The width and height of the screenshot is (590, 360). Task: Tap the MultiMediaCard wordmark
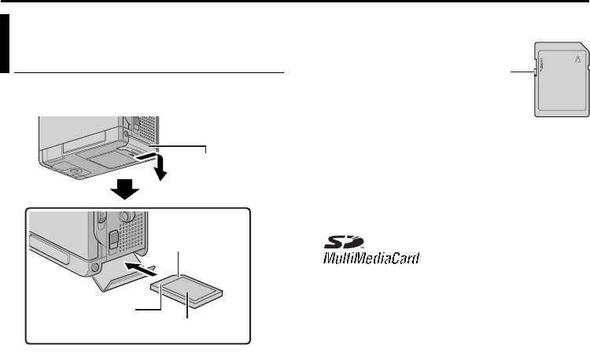click(369, 258)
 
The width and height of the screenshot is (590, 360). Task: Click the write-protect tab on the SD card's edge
click(537, 72)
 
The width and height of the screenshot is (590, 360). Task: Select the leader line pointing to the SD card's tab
click(520, 72)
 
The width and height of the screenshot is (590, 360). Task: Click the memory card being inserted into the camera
click(194, 286)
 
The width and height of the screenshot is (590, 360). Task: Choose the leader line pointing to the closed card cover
click(185, 147)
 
